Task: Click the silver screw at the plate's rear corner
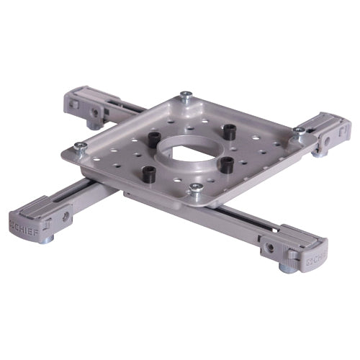186,95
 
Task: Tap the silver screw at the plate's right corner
298,132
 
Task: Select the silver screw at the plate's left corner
81,146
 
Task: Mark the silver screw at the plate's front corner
195,189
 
